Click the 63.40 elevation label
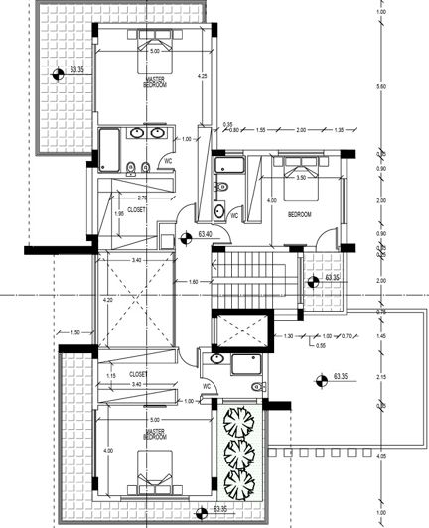point(207,233)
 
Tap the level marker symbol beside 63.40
point(186,237)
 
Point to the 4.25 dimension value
point(202,76)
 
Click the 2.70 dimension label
point(114,198)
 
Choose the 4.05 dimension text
point(380,456)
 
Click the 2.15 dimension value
point(380,378)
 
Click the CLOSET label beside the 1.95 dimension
point(137,210)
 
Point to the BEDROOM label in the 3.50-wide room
point(300,213)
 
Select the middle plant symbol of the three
point(238,455)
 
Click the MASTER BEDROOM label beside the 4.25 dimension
point(154,84)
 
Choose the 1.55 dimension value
point(261,130)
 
